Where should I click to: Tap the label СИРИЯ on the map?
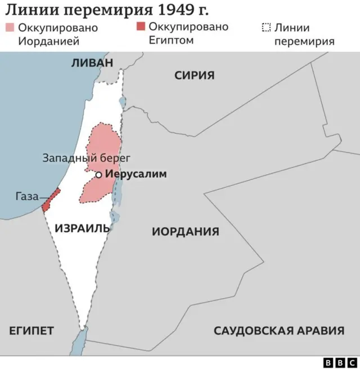click(194, 75)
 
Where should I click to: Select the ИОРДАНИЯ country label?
click(186, 231)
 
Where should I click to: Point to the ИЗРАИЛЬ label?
click(83, 228)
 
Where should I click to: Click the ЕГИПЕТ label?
click(31, 331)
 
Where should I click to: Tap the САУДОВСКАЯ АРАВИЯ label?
click(278, 331)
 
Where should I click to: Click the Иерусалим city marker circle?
click(99, 175)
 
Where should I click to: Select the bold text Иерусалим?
click(136, 174)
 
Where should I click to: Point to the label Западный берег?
click(86, 158)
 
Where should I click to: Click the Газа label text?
click(27, 196)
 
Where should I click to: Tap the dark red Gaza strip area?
click(51, 200)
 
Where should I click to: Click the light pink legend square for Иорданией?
click(10, 28)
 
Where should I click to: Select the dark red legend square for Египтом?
click(141, 26)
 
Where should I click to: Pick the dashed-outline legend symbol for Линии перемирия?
click(267, 28)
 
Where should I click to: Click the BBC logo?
click(340, 363)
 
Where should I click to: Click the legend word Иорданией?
click(48, 41)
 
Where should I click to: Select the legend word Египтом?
click(172, 40)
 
